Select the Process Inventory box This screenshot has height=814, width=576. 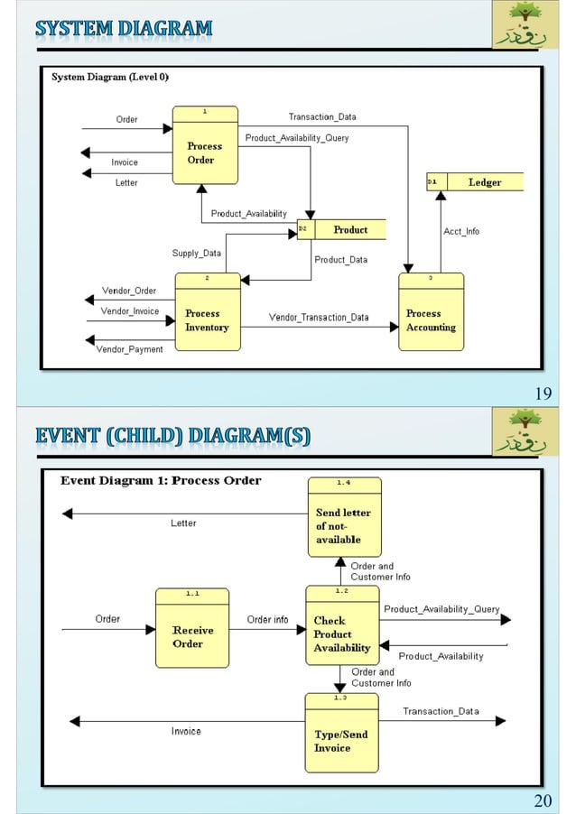(207, 315)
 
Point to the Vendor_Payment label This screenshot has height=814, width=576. (129, 349)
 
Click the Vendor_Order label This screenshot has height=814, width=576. (129, 291)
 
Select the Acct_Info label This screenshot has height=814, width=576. (461, 232)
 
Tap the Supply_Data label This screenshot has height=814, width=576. (197, 254)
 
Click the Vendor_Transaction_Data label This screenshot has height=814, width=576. (319, 318)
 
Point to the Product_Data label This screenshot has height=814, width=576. (340, 260)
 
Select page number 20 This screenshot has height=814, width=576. (543, 800)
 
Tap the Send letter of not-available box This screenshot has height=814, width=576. (344, 518)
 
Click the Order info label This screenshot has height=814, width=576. (268, 620)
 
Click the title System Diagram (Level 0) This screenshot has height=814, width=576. (109, 78)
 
